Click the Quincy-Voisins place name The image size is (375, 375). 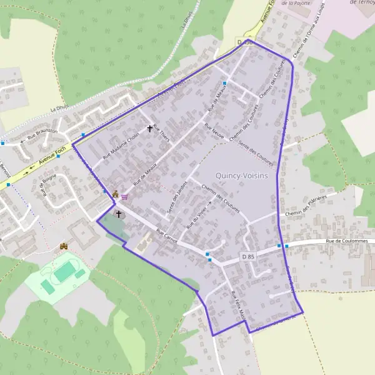pos(241,176)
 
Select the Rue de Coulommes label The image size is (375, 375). pos(349,241)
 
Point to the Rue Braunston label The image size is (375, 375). pos(42,133)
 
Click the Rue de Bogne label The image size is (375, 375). pos(49,187)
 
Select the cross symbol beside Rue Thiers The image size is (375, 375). pos(150,129)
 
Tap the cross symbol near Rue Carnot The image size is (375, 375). pos(118,214)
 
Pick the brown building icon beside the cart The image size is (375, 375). pos(115,193)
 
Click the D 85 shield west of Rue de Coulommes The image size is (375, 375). pos(248,256)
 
